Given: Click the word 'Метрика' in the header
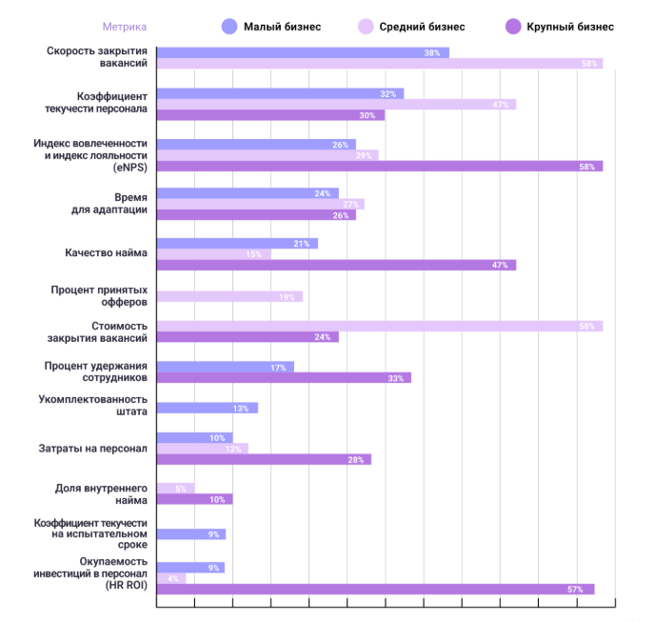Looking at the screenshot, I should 125,27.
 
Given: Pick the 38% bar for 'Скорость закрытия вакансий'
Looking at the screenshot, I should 302,53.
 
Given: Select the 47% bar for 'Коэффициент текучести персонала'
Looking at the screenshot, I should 336,105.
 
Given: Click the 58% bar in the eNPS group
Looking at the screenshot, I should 379,167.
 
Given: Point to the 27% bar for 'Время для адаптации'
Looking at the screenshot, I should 260,204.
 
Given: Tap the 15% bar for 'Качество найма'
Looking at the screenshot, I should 213,254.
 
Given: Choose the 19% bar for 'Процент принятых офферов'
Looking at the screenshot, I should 229,297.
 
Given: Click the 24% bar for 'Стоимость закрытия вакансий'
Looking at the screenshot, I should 248,337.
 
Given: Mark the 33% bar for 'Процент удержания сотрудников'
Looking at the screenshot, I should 284,378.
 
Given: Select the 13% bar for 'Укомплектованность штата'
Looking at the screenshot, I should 207,409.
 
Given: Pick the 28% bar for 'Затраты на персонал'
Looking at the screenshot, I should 264,460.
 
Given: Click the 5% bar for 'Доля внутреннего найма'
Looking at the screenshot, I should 175,489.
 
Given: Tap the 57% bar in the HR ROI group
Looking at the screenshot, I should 375,590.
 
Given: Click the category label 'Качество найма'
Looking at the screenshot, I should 106,253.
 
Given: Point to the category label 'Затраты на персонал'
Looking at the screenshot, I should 98,448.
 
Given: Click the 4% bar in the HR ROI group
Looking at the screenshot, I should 171,578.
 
